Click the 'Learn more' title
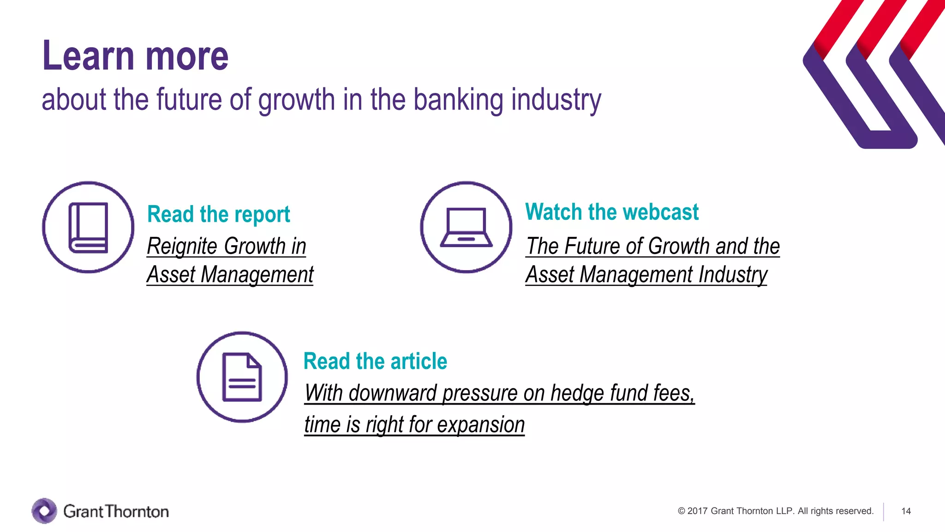click(135, 56)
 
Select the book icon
click(88, 227)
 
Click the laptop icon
click(466, 227)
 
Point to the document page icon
click(242, 377)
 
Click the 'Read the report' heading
click(218, 214)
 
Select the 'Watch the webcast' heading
click(611, 212)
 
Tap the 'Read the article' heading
click(375, 361)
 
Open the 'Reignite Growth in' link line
click(226, 246)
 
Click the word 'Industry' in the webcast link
click(732, 275)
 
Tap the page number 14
click(906, 511)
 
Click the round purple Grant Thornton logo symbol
click(44, 511)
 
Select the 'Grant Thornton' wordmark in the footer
click(116, 512)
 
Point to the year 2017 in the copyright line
click(697, 511)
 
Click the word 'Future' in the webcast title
click(592, 246)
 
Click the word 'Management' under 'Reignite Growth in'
click(257, 275)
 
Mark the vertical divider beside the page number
click(884, 512)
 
